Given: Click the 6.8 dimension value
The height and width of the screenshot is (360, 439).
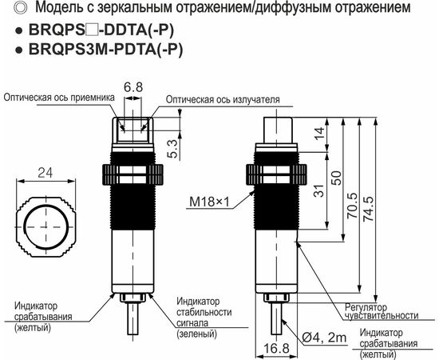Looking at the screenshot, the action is (133, 87).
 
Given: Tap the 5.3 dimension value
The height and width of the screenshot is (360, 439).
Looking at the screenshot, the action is (173, 149).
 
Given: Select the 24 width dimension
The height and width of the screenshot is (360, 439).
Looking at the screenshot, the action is (45, 173).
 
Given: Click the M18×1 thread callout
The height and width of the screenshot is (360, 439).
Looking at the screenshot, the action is (209, 202).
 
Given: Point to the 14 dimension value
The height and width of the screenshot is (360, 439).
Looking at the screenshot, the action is (319, 133).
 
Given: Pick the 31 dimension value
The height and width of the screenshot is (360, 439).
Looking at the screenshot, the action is (319, 190).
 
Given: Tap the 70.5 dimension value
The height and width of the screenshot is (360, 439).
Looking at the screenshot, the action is (352, 206).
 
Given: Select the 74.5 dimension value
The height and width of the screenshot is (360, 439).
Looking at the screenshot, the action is (369, 209).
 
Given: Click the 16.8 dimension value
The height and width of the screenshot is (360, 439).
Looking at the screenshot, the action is (276, 348).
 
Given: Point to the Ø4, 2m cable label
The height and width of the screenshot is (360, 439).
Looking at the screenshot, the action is (325, 338).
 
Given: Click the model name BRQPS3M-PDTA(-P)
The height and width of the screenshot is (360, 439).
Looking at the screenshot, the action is (106, 50).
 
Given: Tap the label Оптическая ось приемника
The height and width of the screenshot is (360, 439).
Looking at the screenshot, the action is (59, 98).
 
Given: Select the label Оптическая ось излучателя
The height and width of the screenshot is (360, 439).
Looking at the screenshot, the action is (223, 100).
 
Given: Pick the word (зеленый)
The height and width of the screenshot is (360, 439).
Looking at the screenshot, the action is (196, 334).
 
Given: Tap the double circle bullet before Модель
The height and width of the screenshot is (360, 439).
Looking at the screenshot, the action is (21, 7).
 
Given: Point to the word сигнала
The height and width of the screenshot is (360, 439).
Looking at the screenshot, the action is (192, 323).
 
